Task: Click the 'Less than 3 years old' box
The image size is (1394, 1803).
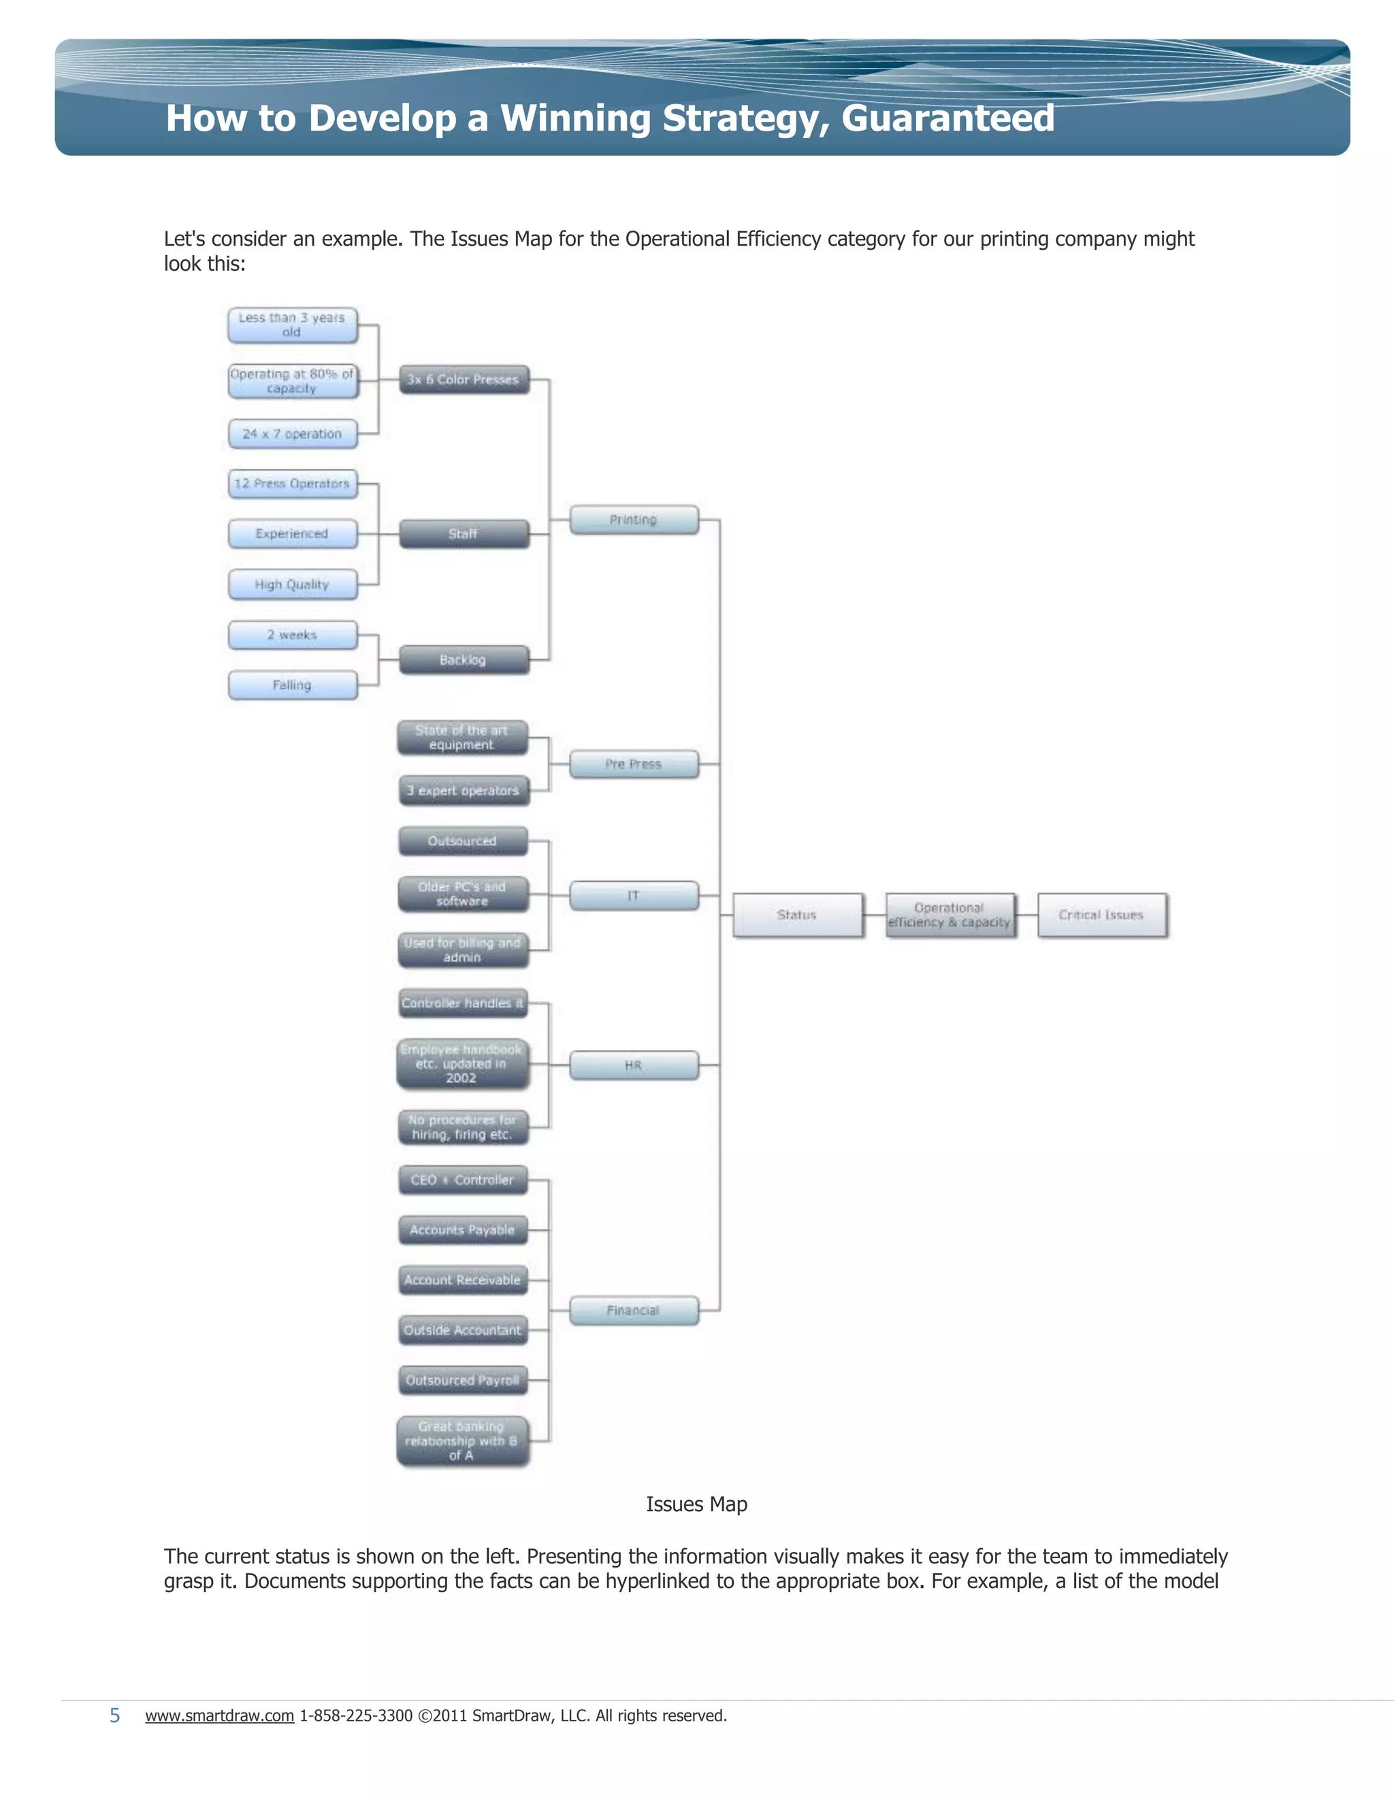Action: click(x=292, y=325)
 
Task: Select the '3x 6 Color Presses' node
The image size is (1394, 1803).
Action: click(x=464, y=380)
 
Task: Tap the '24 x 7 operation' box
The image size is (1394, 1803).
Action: click(x=292, y=434)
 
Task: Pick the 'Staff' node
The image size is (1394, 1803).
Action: click(x=464, y=534)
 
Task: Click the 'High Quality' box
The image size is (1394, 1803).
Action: click(x=292, y=584)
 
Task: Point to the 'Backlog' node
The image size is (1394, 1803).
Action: click(x=464, y=661)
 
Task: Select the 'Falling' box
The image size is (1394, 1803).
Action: click(x=292, y=685)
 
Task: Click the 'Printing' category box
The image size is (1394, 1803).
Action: click(x=634, y=520)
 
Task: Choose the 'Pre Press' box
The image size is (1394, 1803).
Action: click(x=634, y=765)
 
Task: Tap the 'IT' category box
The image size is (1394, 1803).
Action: click(x=634, y=896)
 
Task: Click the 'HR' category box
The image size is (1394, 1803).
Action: click(x=634, y=1065)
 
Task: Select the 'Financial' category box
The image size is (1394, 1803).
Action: click(x=634, y=1311)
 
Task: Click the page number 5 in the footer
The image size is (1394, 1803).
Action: click(x=115, y=1715)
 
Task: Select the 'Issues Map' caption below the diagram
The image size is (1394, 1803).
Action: click(x=696, y=1504)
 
